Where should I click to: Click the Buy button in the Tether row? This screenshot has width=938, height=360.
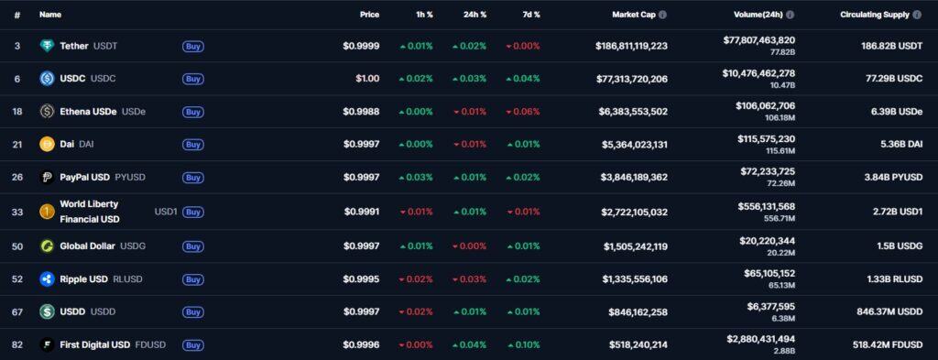click(x=192, y=46)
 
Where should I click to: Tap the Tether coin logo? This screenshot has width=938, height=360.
click(x=47, y=46)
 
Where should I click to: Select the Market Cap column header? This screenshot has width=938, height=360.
click(x=634, y=15)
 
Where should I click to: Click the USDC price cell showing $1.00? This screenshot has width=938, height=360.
click(x=367, y=79)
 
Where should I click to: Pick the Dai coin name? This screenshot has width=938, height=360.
click(x=68, y=144)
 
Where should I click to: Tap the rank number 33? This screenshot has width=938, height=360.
click(x=17, y=212)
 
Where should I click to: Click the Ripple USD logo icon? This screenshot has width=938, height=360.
click(x=47, y=279)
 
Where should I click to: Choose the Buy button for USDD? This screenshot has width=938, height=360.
click(x=192, y=312)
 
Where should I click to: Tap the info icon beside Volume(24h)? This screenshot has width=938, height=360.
click(x=791, y=15)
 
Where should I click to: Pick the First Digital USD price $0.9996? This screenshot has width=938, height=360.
click(x=361, y=345)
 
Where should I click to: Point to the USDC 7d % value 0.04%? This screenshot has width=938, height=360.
click(x=523, y=79)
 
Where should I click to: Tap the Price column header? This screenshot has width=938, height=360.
click(x=369, y=15)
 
